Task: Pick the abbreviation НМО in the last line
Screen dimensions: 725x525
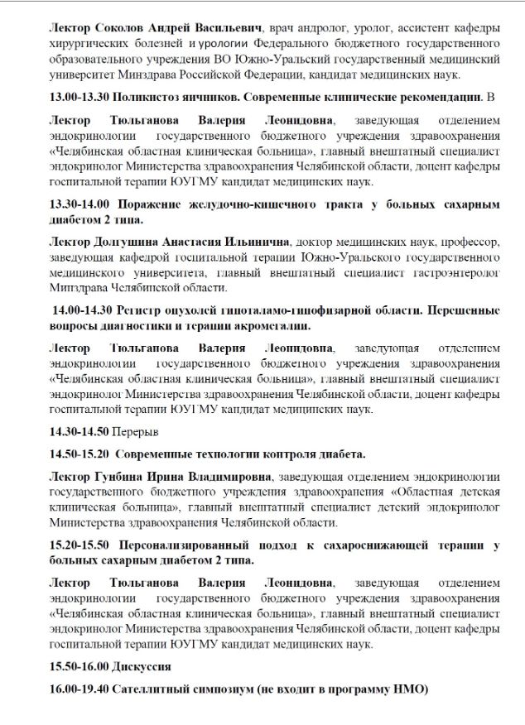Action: tap(402, 689)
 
